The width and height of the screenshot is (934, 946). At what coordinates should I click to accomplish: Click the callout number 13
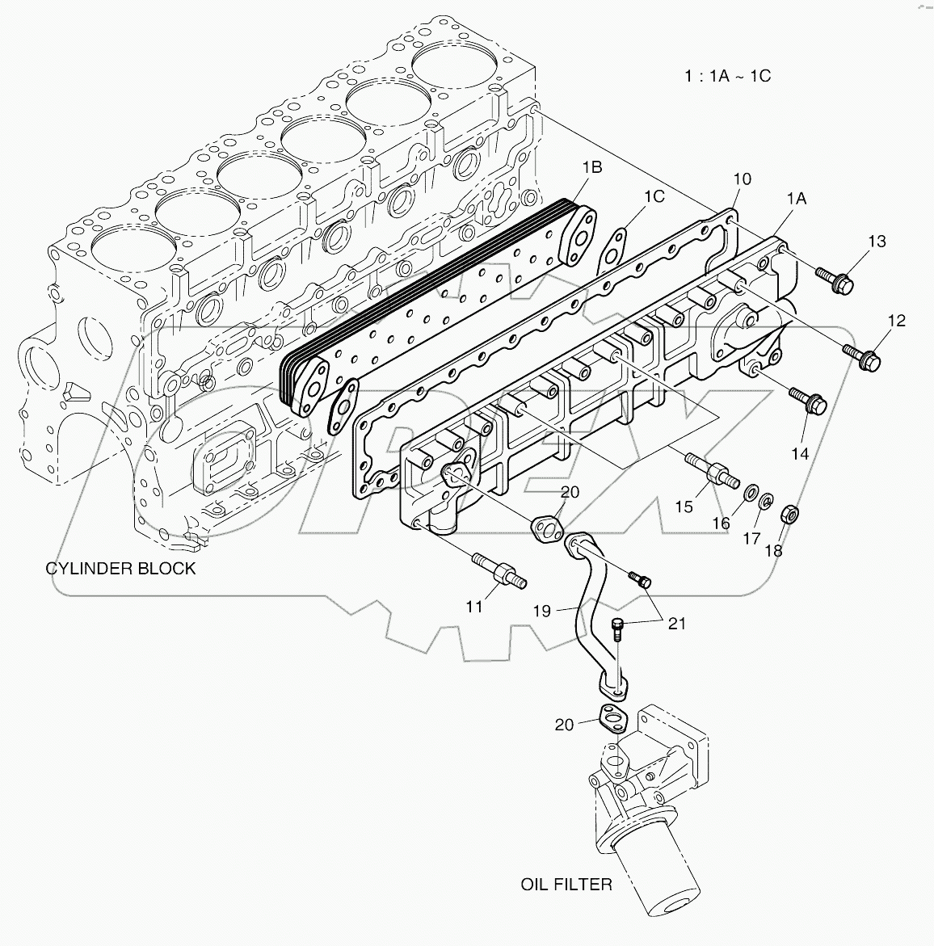pos(877,241)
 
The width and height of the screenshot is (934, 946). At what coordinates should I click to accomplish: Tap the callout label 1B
pos(591,168)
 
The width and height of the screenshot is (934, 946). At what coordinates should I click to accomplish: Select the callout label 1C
pos(654,196)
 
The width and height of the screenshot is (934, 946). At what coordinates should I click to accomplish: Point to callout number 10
pos(742,179)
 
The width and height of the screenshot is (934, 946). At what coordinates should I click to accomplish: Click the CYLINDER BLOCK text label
pos(120,568)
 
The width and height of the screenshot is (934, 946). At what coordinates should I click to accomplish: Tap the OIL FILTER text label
pos(566,885)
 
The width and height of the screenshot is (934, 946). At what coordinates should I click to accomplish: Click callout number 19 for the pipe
pos(541,611)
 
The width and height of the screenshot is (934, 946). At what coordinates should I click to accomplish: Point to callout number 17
pos(751,538)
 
